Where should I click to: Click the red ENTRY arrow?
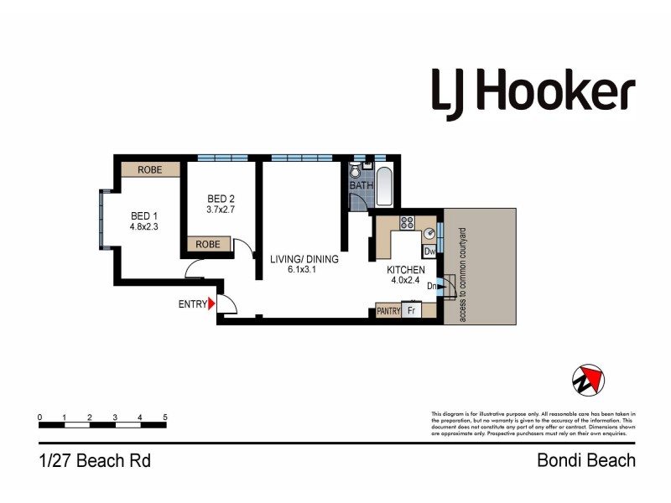click(212, 304)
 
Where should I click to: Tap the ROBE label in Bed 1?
click(150, 169)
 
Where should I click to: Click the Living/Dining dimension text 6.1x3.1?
click(304, 272)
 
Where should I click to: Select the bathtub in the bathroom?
click(385, 185)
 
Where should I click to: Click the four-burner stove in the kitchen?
click(407, 222)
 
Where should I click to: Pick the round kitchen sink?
click(429, 233)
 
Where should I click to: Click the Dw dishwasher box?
click(429, 251)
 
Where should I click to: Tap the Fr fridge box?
click(412, 310)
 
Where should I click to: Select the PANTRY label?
click(388, 310)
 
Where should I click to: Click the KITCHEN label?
click(406, 270)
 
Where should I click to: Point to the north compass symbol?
click(588, 381)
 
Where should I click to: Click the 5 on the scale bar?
click(165, 417)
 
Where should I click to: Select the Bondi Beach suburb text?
click(585, 460)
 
